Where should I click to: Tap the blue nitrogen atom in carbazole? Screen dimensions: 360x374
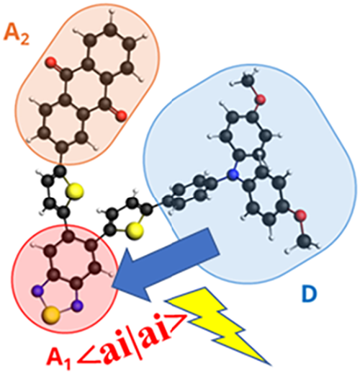tap(233, 174)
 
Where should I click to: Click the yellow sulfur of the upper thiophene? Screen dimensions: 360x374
tap(76, 191)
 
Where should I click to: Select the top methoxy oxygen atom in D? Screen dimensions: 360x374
tap(261, 99)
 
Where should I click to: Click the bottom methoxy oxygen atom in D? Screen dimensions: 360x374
tap(300, 215)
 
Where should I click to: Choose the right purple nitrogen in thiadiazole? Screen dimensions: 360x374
tap(77, 306)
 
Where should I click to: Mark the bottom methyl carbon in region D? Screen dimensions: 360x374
tap(305, 240)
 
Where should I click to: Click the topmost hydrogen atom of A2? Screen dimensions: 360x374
tap(111, 11)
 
